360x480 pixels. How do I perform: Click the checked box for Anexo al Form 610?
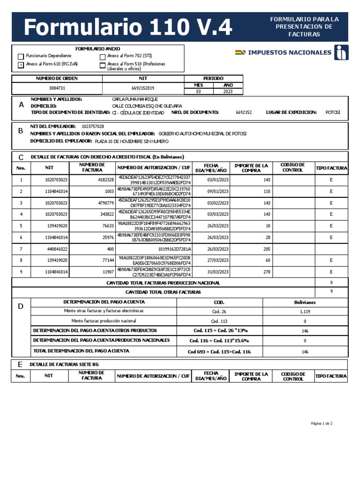point(21,65)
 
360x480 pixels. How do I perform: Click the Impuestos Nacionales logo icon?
point(341,52)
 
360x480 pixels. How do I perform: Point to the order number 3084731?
point(57,88)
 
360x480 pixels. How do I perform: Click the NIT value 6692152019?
point(143,88)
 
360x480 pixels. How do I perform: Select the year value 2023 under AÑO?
point(228,92)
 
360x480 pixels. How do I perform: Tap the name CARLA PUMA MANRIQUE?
point(135,99)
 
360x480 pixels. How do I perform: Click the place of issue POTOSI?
point(333,112)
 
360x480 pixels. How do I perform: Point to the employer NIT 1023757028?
point(93,127)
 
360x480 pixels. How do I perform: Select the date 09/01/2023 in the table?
point(217,191)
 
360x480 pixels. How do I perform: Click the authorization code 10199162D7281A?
point(175,249)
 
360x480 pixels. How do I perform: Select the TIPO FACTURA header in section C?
point(331,168)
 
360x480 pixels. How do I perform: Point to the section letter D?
point(21,307)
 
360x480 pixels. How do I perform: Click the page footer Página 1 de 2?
point(321,423)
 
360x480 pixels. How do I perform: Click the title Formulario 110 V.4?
point(127,28)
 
